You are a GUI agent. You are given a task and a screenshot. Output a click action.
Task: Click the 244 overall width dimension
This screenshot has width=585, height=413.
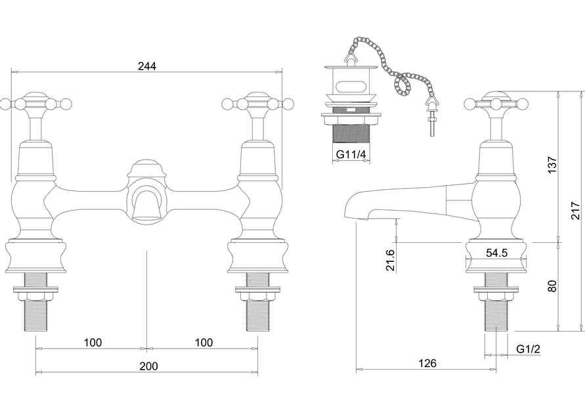tap(147, 66)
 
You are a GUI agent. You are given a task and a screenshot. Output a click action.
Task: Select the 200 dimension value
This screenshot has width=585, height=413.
tap(148, 366)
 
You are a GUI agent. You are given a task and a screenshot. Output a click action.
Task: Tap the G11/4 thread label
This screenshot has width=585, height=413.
tap(351, 154)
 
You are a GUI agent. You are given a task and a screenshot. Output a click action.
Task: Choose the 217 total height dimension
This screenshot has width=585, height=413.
tap(576, 210)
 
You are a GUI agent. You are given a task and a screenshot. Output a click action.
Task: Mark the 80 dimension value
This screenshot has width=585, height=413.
tap(552, 286)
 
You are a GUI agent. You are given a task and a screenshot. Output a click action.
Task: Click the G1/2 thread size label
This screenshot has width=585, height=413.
tap(527, 349)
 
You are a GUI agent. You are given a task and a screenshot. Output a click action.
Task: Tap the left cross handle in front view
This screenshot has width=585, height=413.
tap(35, 103)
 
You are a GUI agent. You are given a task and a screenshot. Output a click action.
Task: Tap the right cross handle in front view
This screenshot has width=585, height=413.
tap(257, 103)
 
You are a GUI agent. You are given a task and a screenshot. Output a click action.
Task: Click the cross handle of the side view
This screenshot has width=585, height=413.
tap(496, 103)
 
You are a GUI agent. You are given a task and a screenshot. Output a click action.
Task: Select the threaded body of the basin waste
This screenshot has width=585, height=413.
tap(351, 134)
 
